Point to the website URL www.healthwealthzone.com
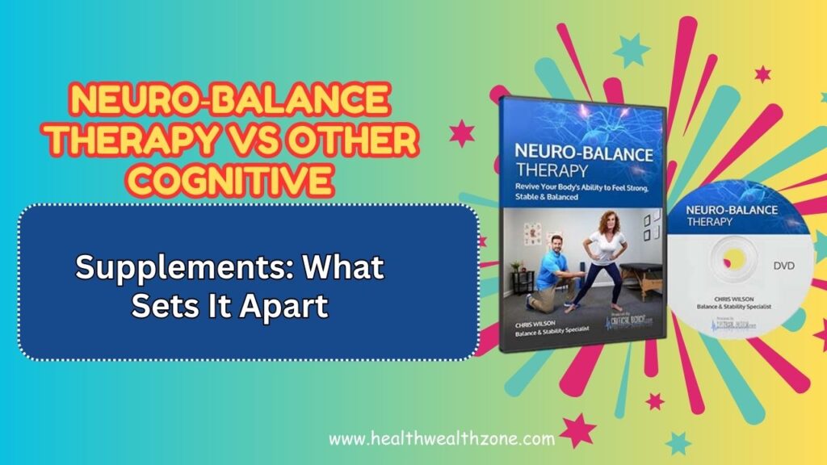(x=441, y=440)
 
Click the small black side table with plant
(x=522, y=279)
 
